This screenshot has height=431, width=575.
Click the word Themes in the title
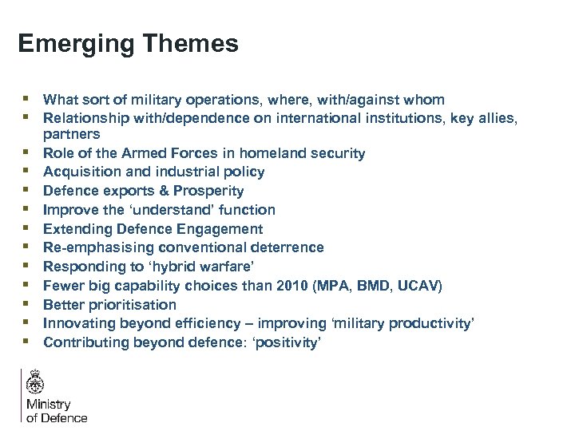(194, 43)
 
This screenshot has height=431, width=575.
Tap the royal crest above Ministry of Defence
(35, 383)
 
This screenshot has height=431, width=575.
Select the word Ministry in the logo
(49, 405)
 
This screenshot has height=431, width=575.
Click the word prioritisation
(129, 304)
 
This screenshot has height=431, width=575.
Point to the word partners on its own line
(71, 134)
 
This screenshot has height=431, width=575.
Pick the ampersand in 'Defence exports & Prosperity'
(163, 191)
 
